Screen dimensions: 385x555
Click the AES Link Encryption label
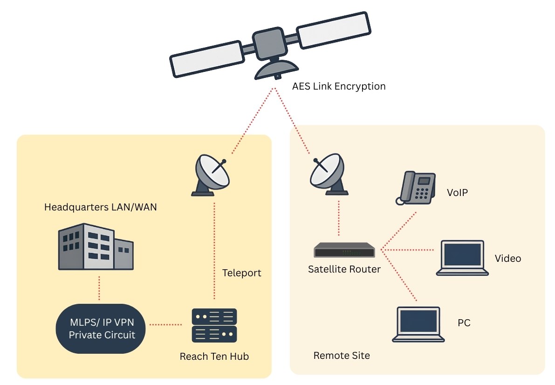[339, 86]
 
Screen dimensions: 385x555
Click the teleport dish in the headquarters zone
[212, 175]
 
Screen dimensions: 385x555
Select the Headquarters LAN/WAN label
[100, 207]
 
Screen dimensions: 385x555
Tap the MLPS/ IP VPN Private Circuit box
[102, 329]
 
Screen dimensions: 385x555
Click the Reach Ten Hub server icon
[214, 325]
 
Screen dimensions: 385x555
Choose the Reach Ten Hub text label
[214, 357]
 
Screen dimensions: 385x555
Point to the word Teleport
[241, 273]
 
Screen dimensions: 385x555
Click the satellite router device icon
[344, 250]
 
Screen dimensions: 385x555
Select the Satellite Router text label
[344, 269]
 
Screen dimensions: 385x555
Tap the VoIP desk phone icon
[416, 188]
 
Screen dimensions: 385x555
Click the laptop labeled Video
[462, 258]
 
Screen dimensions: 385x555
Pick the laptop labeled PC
[418, 324]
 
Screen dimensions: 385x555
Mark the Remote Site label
[342, 356]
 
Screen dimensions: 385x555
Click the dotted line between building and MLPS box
[99, 288]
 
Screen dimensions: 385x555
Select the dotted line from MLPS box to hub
[165, 324]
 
